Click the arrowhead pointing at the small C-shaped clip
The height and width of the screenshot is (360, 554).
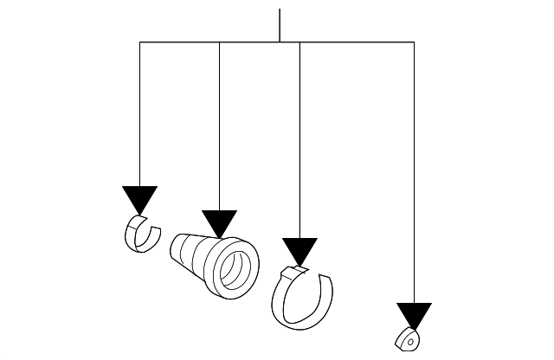(x=139, y=198)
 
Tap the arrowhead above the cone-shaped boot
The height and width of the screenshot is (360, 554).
(x=219, y=222)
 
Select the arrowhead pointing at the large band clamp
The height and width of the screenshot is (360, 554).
(x=300, y=251)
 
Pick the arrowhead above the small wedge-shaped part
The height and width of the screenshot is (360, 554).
(x=414, y=316)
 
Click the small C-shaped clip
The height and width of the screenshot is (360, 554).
(x=141, y=234)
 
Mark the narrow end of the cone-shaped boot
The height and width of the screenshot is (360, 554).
(x=178, y=249)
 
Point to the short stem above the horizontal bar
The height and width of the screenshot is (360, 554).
(x=280, y=25)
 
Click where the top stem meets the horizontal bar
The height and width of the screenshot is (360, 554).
(x=280, y=42)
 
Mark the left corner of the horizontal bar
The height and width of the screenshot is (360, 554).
(x=140, y=42)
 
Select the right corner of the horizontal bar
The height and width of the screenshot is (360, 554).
(x=414, y=42)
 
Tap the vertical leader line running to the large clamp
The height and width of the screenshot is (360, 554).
(x=300, y=138)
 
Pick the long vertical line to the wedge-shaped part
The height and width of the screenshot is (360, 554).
(x=414, y=173)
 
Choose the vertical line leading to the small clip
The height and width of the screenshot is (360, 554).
(x=140, y=112)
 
